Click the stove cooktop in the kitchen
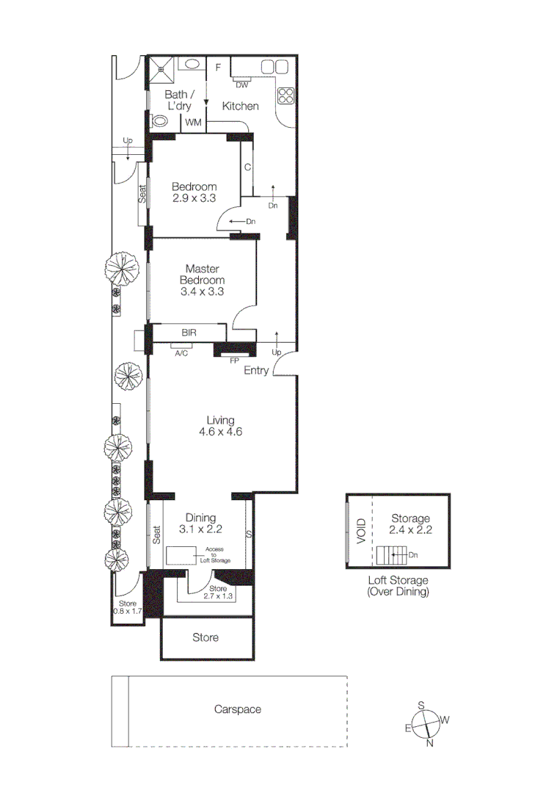click(x=285, y=96)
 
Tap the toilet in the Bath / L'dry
click(x=159, y=121)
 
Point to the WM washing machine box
click(x=194, y=122)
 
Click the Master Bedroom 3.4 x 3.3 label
click(x=202, y=280)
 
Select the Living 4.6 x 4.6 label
click(x=220, y=426)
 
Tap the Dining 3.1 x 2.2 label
click(x=200, y=522)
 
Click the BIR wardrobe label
click(x=189, y=333)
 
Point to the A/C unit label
click(x=181, y=353)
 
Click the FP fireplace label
click(x=234, y=361)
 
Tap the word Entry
click(x=256, y=371)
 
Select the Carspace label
click(x=237, y=709)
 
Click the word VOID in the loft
click(x=361, y=531)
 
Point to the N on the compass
click(x=430, y=744)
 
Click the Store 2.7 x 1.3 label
click(x=218, y=593)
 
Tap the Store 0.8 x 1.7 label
click(x=127, y=606)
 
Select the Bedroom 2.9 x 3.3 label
click(x=194, y=192)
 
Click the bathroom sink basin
click(x=193, y=64)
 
